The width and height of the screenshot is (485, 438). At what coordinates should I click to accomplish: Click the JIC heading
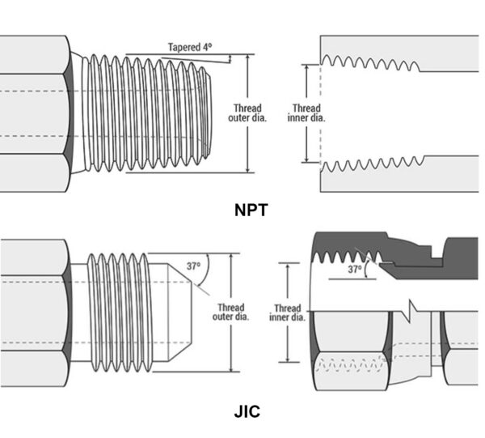tap(247, 411)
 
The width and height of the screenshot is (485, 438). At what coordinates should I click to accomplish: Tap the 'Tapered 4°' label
tap(191, 47)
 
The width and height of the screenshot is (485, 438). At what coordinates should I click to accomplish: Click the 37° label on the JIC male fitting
tap(192, 265)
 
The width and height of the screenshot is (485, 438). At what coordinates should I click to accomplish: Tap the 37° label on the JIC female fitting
tap(355, 270)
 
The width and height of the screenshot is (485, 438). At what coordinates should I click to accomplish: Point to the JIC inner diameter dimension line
tap(287, 340)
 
